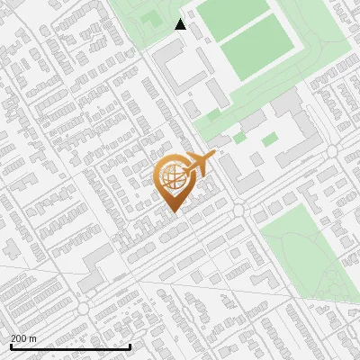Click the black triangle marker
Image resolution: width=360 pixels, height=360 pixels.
(x=181, y=24)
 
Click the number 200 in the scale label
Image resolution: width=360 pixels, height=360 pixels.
(x=18, y=338)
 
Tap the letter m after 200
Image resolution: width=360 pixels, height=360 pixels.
(x=32, y=338)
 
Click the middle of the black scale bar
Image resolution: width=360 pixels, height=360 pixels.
(x=70, y=346)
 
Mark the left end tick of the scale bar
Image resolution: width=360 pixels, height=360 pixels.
(x=11, y=346)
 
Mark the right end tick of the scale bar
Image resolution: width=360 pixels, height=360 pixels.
(x=130, y=346)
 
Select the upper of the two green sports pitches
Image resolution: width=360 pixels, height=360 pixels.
(x=232, y=15)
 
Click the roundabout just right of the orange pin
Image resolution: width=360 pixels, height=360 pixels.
(x=239, y=210)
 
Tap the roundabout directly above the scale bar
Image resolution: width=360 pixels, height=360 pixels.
(x=84, y=308)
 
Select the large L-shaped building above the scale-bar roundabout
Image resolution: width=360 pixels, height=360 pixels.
(x=96, y=268)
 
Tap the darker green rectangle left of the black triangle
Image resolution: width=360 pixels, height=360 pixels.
(x=150, y=18)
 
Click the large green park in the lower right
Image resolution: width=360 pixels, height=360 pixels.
(x=306, y=256)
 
